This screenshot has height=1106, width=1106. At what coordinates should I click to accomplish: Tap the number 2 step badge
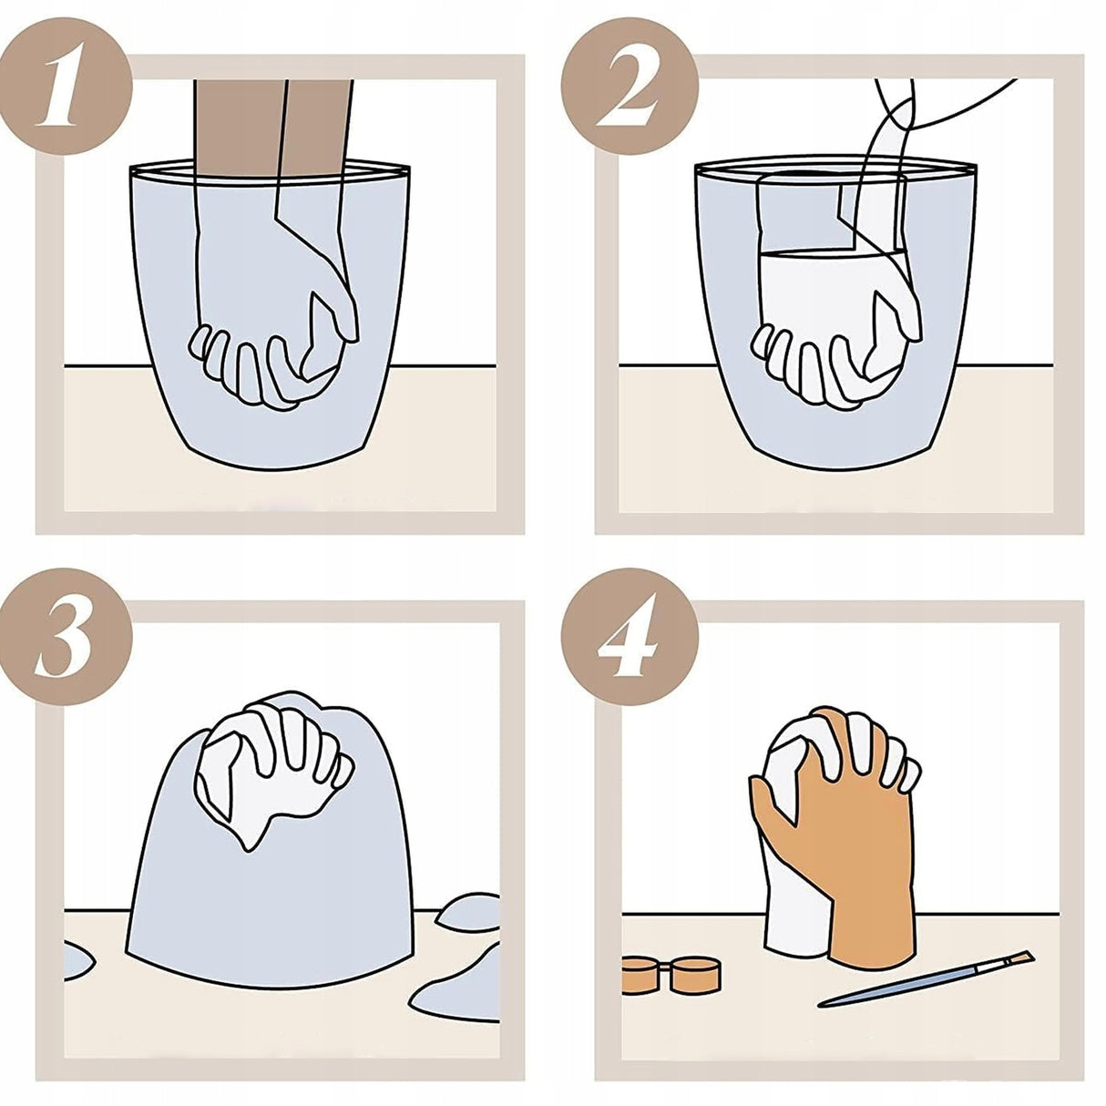coord(629,85)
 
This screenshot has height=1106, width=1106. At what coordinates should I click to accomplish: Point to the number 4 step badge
coord(630,636)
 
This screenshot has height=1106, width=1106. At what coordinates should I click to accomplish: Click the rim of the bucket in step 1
coord(270,169)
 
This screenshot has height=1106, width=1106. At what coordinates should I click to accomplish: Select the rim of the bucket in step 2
coord(835,169)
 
